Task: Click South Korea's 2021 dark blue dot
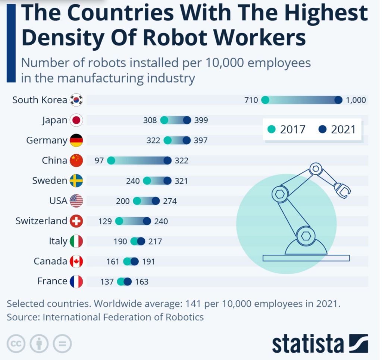pos(338,100)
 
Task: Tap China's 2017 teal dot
pos(111,161)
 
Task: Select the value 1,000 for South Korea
pos(356,100)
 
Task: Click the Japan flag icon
pos(76,120)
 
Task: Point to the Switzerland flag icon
pos(76,221)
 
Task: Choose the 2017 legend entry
pos(287,129)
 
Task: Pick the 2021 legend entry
pos(338,129)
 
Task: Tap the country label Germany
pos(47,140)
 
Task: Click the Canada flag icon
pos(76,261)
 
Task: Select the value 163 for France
pos(142,282)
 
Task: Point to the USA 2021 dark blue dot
pos(156,201)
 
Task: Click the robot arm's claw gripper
pos(343,189)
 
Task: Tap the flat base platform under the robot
pos(306,258)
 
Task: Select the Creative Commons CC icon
pos(16,343)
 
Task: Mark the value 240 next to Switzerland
pos(161,221)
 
